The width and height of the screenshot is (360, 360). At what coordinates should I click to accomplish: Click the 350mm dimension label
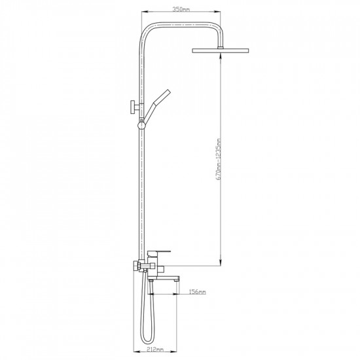click(181, 9)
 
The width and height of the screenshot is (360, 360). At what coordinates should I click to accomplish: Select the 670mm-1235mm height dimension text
click(219, 159)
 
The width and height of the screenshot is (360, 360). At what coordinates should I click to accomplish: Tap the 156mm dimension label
click(197, 292)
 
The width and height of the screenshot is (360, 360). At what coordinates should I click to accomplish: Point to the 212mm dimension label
click(155, 350)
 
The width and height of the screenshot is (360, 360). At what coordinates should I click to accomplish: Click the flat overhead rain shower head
click(221, 50)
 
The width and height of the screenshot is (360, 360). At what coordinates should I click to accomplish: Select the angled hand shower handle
click(158, 105)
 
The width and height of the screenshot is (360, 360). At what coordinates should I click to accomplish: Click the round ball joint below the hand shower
click(141, 126)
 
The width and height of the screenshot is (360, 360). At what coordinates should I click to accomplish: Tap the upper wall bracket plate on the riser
click(132, 107)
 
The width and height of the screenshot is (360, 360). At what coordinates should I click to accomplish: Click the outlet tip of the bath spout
click(177, 280)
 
